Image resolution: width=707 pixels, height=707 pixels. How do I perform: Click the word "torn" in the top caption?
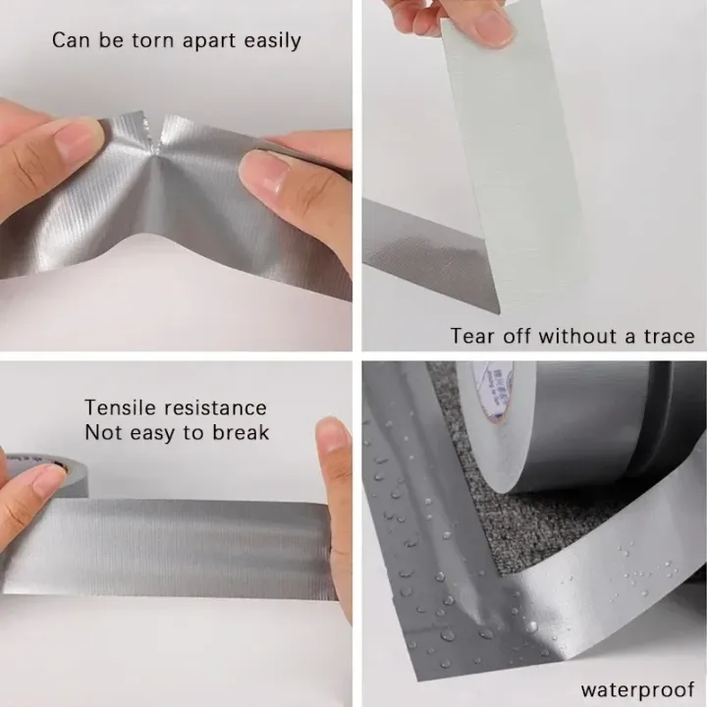[x=160, y=40]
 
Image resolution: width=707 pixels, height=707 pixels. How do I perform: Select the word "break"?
[x=241, y=433]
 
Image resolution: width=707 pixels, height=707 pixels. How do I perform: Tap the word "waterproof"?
[x=637, y=689]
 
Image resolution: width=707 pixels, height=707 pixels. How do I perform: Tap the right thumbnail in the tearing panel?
[x=262, y=175]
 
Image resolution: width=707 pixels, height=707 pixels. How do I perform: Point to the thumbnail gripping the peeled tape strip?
[x=491, y=27]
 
